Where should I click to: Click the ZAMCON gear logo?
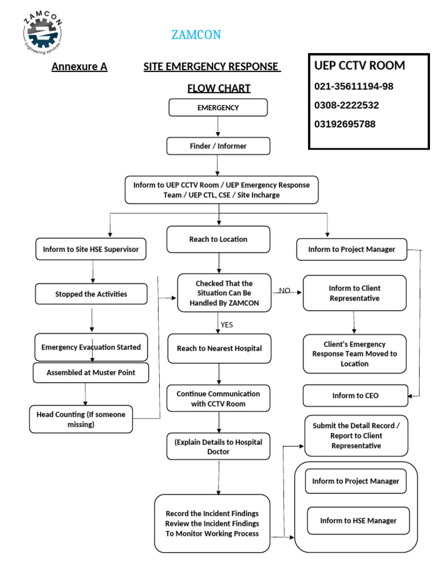tap(42, 33)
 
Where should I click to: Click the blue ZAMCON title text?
tap(196, 35)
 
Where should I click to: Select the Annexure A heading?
tap(79, 67)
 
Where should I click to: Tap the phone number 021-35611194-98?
tap(354, 87)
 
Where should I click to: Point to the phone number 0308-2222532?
tap(346, 106)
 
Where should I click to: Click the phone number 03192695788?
tap(344, 124)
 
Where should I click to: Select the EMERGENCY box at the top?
tap(218, 108)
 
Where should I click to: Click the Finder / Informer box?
tap(218, 146)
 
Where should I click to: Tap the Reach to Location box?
tap(218, 239)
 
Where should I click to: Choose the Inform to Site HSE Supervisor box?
tap(91, 249)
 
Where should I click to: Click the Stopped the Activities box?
tap(91, 294)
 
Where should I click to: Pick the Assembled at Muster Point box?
tap(91, 373)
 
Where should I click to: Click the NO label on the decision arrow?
tap(285, 291)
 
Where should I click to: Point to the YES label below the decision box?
tap(226, 325)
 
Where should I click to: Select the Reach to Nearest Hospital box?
tap(219, 348)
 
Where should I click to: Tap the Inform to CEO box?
tap(355, 395)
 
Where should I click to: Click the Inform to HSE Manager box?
tap(358, 521)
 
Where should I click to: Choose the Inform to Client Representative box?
tap(354, 293)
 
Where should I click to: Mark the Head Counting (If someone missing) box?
tap(80, 419)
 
